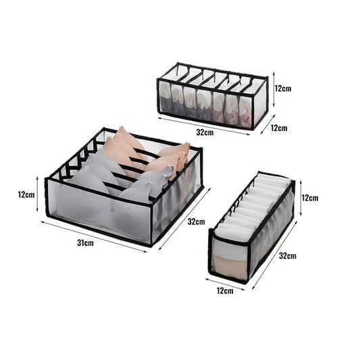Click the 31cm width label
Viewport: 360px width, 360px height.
pos(85,243)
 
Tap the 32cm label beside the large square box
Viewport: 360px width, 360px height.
pos(197,222)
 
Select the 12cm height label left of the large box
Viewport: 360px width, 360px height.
pos(26,195)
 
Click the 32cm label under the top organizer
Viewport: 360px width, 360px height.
pos(205,132)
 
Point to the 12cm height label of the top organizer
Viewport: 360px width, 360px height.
pos(283,88)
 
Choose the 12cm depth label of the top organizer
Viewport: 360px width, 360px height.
pos(279,128)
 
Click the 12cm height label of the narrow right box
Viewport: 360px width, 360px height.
pos(310,198)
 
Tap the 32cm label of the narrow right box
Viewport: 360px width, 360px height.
pos(288,256)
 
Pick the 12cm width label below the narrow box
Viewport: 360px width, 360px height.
pos(225,291)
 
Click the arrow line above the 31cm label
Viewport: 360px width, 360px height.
pos(94,236)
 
